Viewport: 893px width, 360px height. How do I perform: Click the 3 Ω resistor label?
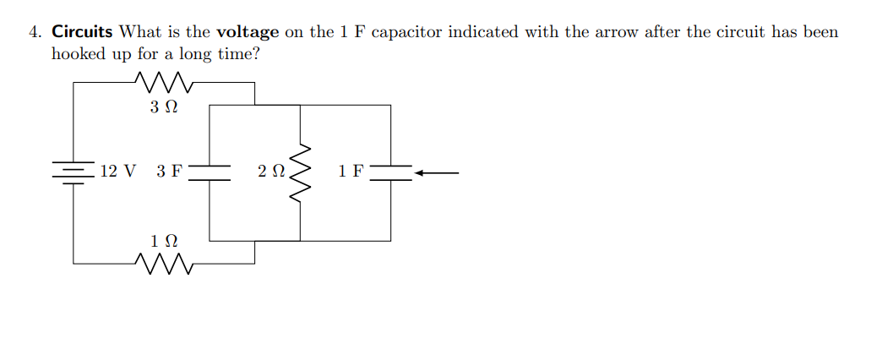click(x=165, y=108)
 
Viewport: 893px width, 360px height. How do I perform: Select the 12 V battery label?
click(x=117, y=172)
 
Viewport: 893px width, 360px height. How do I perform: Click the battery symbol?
click(x=74, y=173)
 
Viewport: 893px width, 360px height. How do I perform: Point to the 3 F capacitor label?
click(x=169, y=172)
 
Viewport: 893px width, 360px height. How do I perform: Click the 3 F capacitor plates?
click(x=210, y=173)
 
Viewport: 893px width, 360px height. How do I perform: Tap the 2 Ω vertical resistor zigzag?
click(x=300, y=173)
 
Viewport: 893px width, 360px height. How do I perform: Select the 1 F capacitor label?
click(x=351, y=172)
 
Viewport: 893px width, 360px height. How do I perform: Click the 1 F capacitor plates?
click(x=390, y=173)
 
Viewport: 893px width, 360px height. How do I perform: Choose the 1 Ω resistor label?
click(x=165, y=241)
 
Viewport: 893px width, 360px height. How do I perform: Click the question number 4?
click(x=34, y=33)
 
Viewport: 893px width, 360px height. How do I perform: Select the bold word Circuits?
click(x=82, y=33)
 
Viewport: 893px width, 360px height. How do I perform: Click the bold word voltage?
click(x=248, y=33)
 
